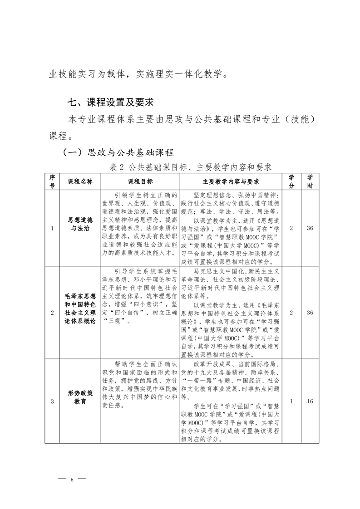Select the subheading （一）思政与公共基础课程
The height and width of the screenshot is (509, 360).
(x=118, y=152)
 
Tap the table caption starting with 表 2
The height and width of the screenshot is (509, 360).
(x=190, y=167)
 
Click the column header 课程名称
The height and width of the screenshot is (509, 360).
(x=80, y=181)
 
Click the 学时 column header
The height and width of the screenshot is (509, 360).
(x=310, y=181)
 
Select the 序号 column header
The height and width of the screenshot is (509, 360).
(x=52, y=181)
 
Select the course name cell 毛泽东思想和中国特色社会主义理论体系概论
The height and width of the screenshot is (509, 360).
(x=80, y=313)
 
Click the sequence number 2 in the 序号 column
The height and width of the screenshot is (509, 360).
(x=52, y=313)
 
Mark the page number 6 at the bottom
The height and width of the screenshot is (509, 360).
(x=72, y=479)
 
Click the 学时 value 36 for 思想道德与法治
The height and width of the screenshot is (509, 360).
(x=310, y=228)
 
